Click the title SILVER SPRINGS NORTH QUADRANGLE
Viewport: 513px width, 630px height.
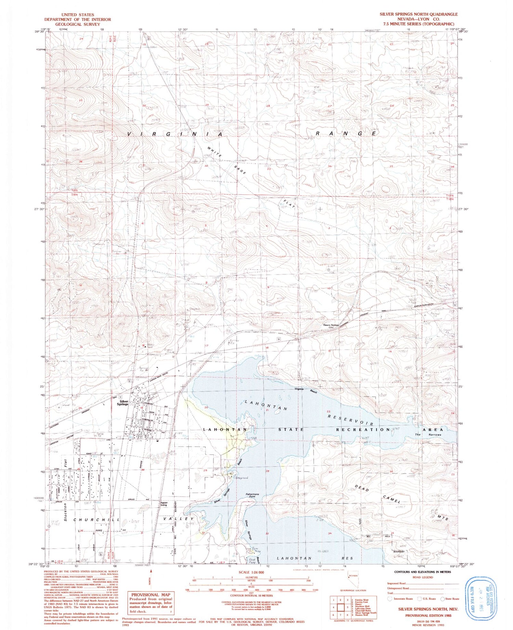(x=418, y=14)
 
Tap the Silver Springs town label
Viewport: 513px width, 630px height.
(x=123, y=403)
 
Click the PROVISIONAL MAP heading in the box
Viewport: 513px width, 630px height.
(x=150, y=595)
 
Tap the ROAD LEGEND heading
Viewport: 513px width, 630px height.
(x=422, y=577)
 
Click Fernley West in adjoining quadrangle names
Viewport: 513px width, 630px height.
(x=361, y=600)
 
